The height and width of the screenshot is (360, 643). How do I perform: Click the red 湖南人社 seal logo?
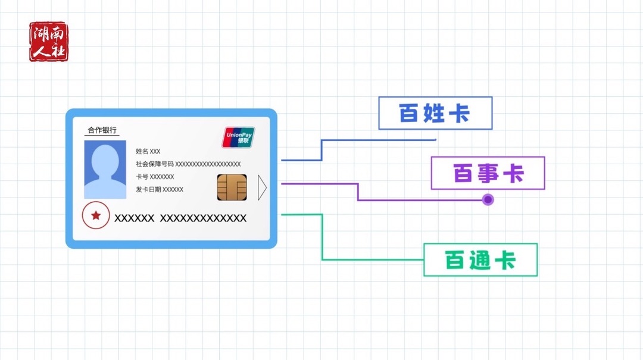click(49, 42)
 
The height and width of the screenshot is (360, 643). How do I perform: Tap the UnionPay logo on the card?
click(238, 137)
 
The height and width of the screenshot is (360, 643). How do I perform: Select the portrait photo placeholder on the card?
click(105, 170)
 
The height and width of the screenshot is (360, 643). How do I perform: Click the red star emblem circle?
click(96, 216)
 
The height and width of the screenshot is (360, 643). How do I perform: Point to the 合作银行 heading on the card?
click(102, 130)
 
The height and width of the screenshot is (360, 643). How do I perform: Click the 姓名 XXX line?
click(148, 151)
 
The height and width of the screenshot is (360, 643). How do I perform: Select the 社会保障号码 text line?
click(188, 164)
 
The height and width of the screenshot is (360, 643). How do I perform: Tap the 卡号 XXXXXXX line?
click(155, 177)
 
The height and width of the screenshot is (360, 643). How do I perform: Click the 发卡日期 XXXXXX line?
click(159, 189)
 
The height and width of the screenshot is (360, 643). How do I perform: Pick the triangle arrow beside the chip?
click(262, 187)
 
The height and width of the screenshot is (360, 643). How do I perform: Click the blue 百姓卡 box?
click(435, 113)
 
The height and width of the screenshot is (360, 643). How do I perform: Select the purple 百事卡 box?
click(488, 173)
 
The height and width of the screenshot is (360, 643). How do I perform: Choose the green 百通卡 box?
click(480, 260)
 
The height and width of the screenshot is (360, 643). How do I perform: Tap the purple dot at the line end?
click(488, 200)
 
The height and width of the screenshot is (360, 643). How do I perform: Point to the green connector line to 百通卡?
click(322, 238)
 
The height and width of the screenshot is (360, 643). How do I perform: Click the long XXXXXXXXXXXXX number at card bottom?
click(204, 218)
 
